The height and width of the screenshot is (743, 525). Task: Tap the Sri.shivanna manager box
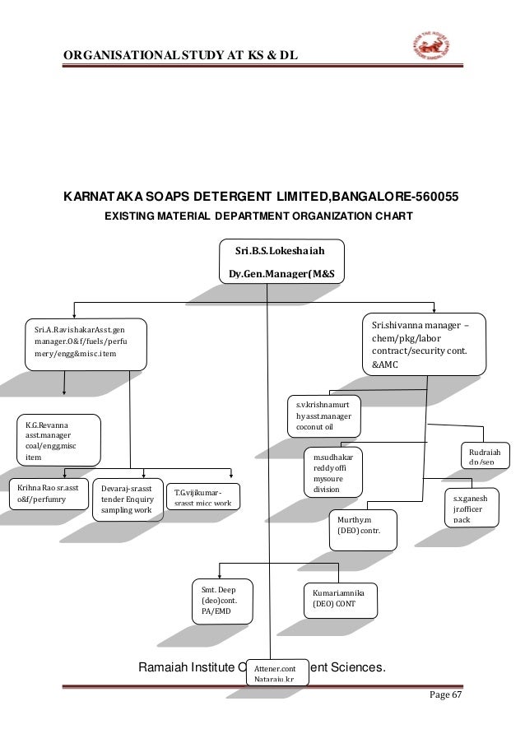click(425, 344)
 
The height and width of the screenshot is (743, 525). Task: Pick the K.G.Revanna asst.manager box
click(58, 439)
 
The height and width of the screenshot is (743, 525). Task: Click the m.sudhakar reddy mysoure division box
click(332, 472)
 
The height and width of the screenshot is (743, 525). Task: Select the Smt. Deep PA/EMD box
click(221, 600)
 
